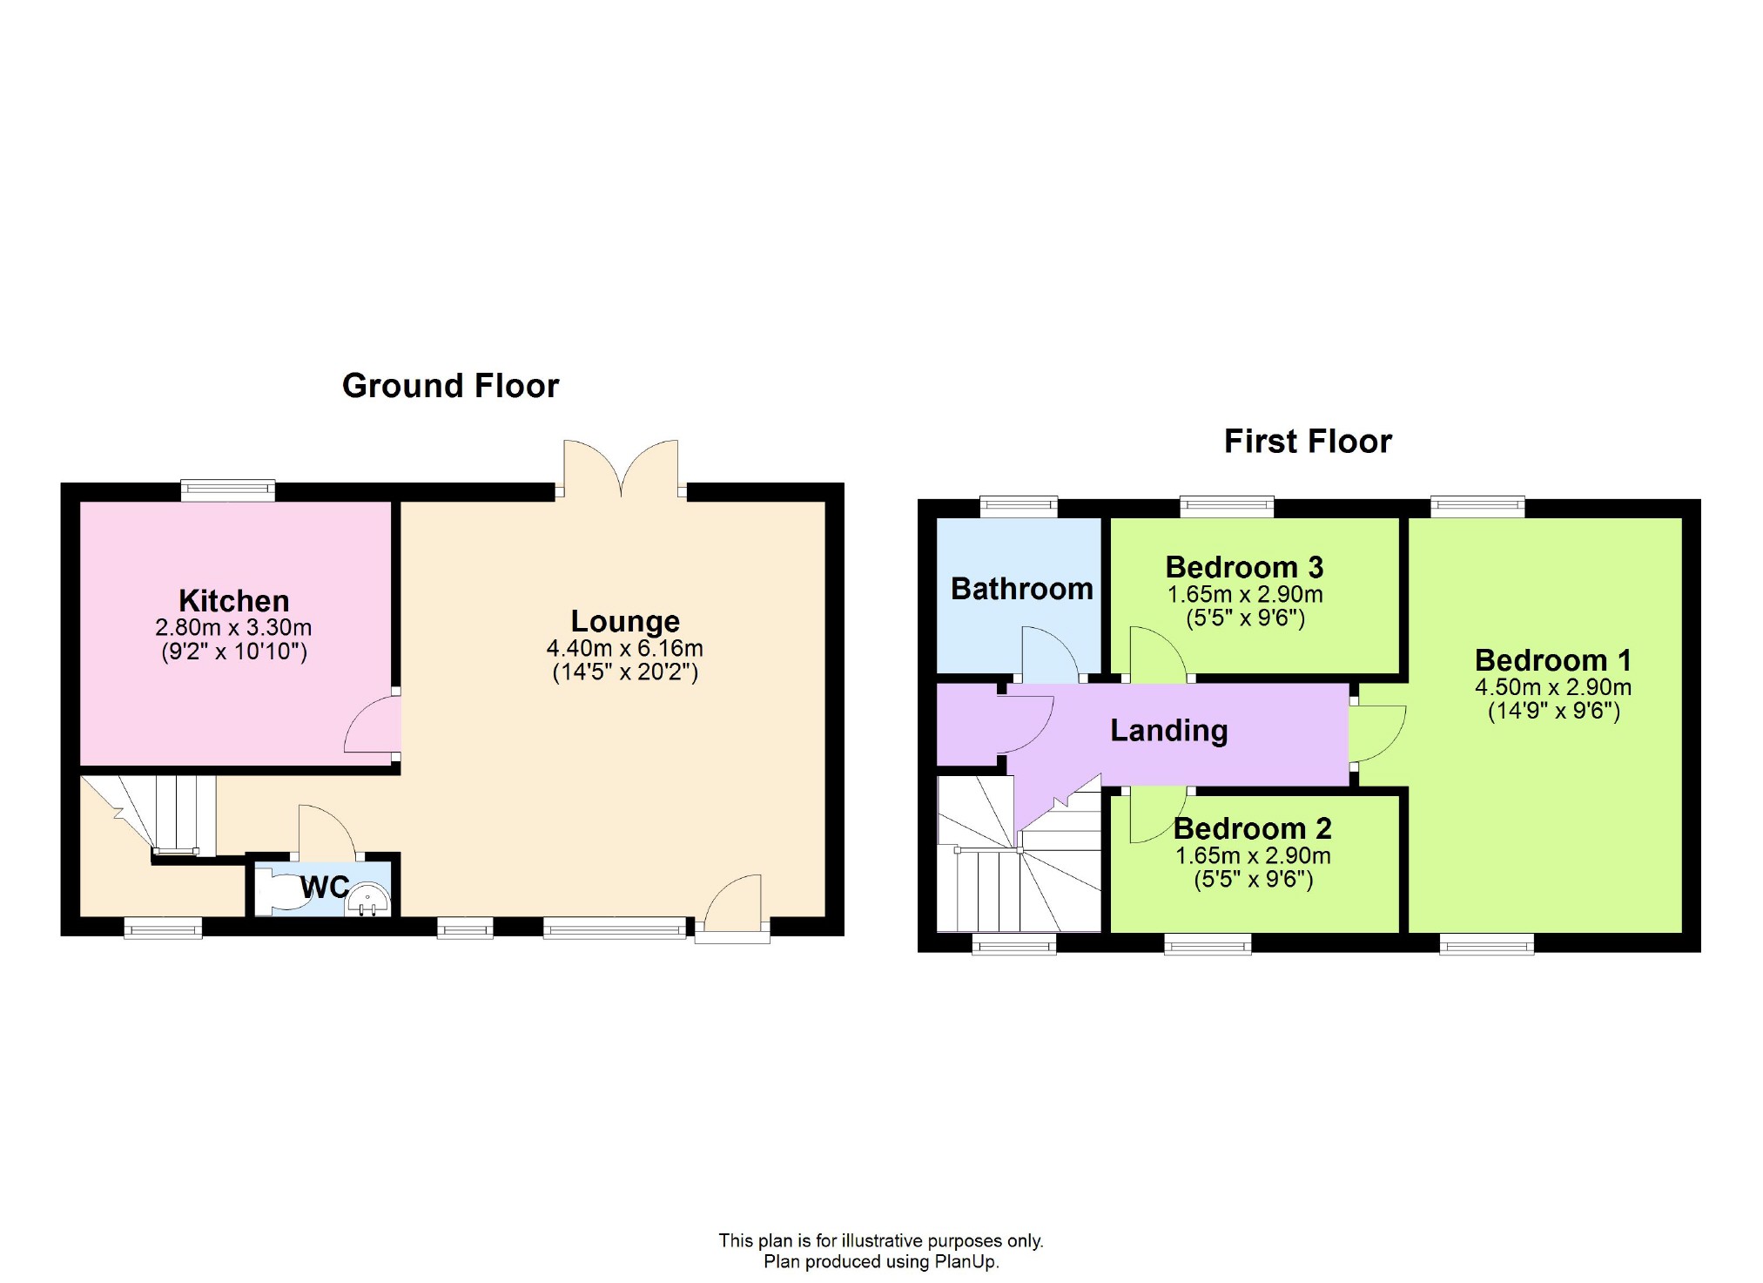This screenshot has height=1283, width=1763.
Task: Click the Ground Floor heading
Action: pyautogui.click(x=450, y=386)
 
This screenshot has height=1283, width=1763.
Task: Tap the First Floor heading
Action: pyautogui.click(x=1307, y=442)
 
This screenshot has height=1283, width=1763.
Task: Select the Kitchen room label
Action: pyautogui.click(x=233, y=601)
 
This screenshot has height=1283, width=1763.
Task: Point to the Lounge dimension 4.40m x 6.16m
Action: pyautogui.click(x=624, y=648)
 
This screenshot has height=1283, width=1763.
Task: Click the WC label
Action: pyautogui.click(x=325, y=888)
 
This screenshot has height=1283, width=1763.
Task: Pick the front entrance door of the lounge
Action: pyautogui.click(x=733, y=906)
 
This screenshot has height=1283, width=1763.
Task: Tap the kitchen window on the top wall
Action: pyautogui.click(x=228, y=490)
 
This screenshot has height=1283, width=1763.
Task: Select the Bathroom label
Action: pyautogui.click(x=1021, y=589)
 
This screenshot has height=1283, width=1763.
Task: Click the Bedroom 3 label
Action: pyautogui.click(x=1244, y=567)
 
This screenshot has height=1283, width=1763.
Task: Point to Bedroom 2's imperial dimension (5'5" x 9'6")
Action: pyautogui.click(x=1253, y=879)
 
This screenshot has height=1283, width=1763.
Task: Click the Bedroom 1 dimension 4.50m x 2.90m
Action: pyautogui.click(x=1552, y=687)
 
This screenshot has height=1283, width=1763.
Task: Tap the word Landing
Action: pyautogui.click(x=1168, y=730)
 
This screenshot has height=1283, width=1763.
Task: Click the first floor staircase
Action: pyautogui.click(x=1019, y=871)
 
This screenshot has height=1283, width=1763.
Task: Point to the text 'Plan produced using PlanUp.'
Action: pyautogui.click(x=880, y=1261)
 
